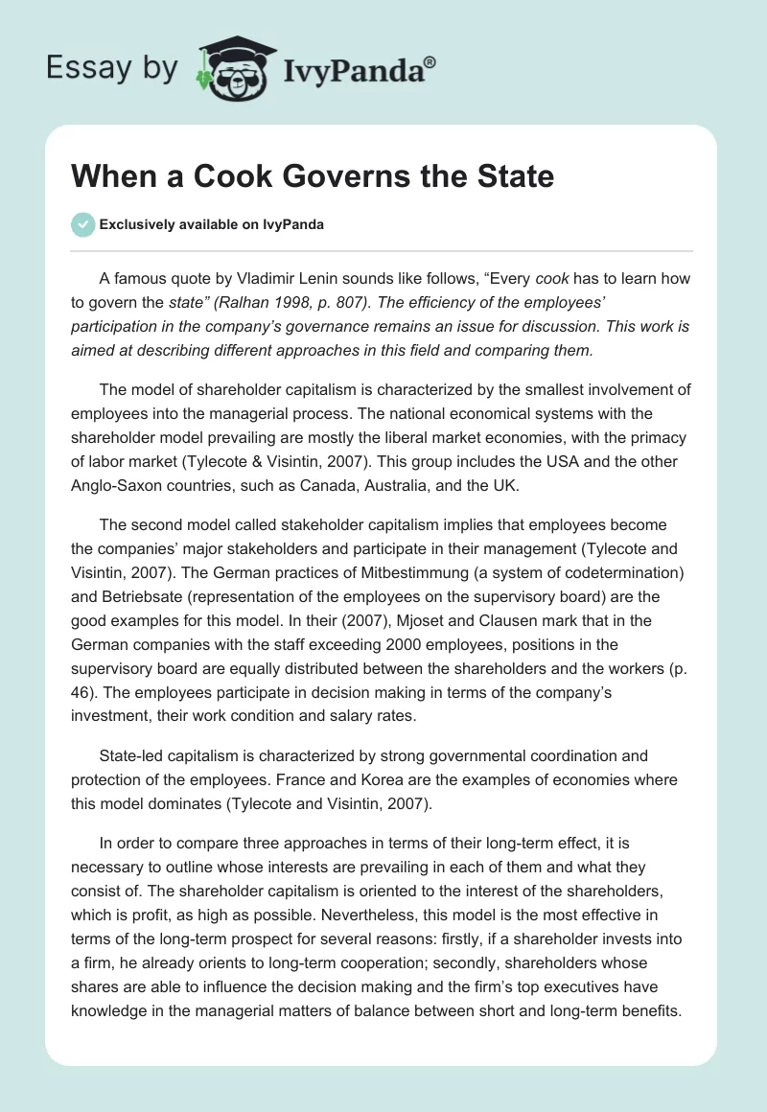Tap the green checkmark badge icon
tap(82, 224)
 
